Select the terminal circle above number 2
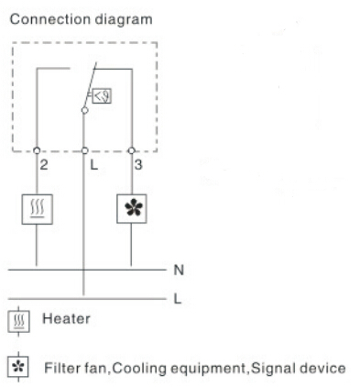pyautogui.click(x=37, y=150)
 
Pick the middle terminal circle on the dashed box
pyautogui.click(x=84, y=150)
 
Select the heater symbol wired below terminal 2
pyautogui.click(x=37, y=208)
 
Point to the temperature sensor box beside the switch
pyautogui.click(x=104, y=92)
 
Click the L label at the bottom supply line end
pyautogui.click(x=179, y=298)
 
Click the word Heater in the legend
pyautogui.click(x=60, y=321)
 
